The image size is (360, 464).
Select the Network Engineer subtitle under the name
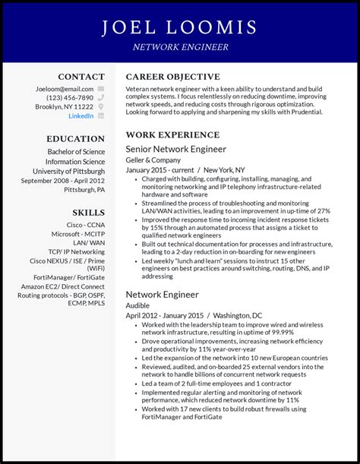pyautogui.click(x=179, y=47)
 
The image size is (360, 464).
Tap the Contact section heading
pyautogui.click(x=81, y=77)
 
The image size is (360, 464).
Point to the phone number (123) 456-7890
pyautogui.click(x=70, y=97)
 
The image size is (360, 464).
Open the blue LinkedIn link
pyautogui.click(x=81, y=116)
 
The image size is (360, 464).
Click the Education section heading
pyautogui.click(x=75, y=139)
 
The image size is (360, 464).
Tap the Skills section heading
pyautogui.click(x=88, y=212)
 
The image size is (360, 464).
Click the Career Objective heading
pyautogui.click(x=172, y=77)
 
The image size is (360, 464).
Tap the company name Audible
pyautogui.click(x=138, y=305)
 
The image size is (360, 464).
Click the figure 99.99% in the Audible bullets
pyautogui.click(x=283, y=333)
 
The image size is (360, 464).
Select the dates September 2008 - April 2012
pyautogui.click(x=63, y=181)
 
